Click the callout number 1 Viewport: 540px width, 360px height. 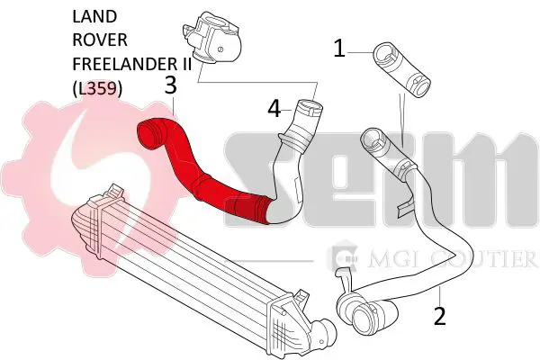[339, 49]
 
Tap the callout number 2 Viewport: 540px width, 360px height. [440, 316]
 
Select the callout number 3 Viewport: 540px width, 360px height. [171, 85]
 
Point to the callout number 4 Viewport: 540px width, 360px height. [274, 109]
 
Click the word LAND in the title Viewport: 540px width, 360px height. [94, 16]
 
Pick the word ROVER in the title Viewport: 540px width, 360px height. [100, 40]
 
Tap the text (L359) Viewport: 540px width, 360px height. [97, 88]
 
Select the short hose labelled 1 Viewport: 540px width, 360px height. [401, 70]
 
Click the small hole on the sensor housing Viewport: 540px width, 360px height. [220, 49]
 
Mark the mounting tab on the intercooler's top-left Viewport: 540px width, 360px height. [115, 191]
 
